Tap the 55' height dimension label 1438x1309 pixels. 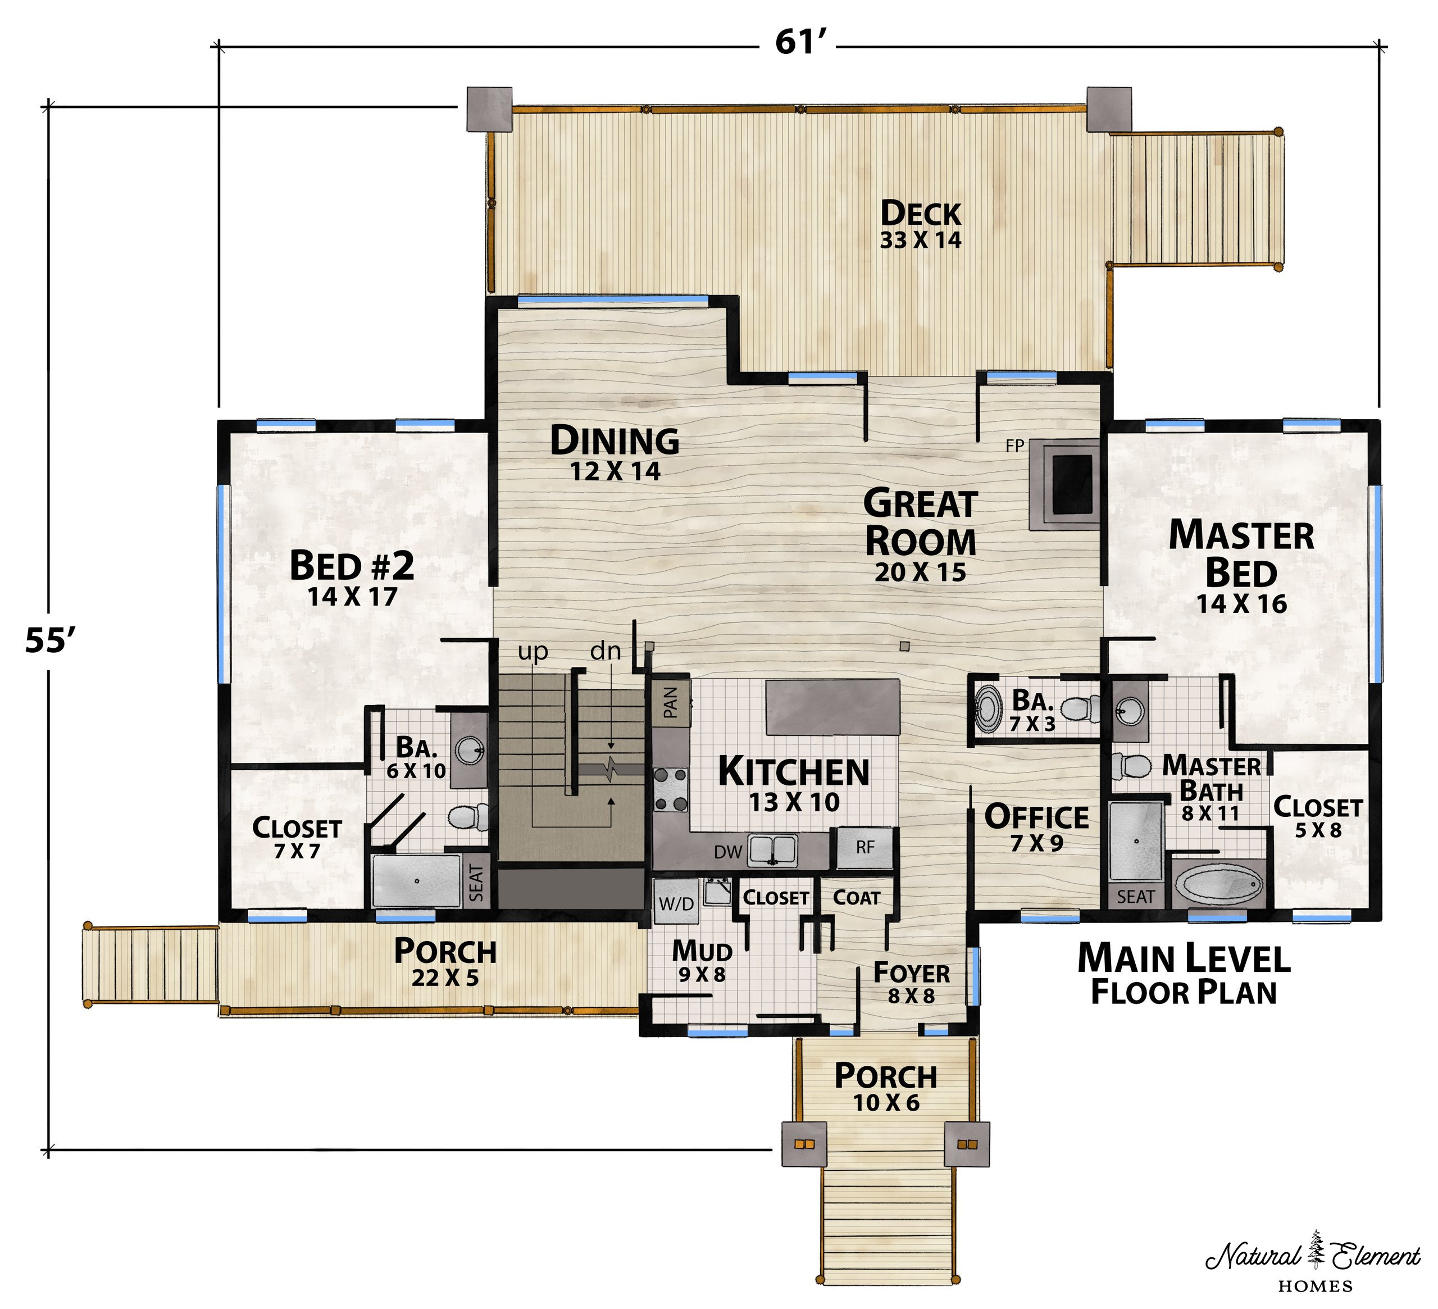tap(50, 640)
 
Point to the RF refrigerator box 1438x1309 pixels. tap(864, 847)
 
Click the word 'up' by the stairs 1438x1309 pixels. tap(533, 651)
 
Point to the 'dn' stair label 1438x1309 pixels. tap(606, 651)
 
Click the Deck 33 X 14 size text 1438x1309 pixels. tap(920, 240)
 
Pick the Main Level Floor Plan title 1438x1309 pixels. tap(1184, 974)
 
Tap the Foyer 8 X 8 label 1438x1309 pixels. tap(911, 983)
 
